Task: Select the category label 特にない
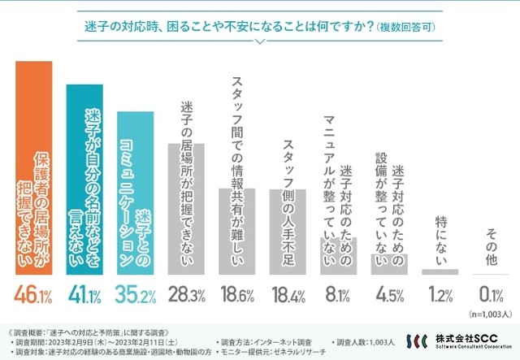point(440,241)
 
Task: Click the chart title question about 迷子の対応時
point(259,26)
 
